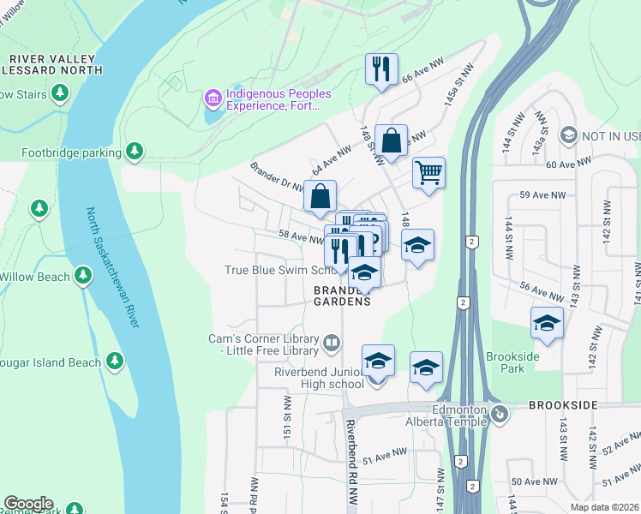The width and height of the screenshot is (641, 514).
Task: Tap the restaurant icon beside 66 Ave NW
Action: tap(380, 69)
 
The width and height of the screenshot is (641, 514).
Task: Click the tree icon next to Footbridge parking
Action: tap(134, 152)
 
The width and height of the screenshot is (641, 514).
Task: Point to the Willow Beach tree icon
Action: tap(82, 276)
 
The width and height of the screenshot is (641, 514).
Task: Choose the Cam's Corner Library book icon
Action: tap(332, 344)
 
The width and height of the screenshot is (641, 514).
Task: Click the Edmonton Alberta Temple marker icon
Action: tap(501, 415)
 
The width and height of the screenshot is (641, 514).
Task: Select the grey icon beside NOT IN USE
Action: tap(567, 135)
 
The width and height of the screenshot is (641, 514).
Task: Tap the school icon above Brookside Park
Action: tap(546, 323)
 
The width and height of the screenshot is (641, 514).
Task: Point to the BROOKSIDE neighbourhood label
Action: tap(562, 403)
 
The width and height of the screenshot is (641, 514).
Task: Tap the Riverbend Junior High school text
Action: tap(319, 378)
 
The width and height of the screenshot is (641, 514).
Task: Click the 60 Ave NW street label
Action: tap(568, 163)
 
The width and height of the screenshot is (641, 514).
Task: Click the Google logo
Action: tap(28, 504)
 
